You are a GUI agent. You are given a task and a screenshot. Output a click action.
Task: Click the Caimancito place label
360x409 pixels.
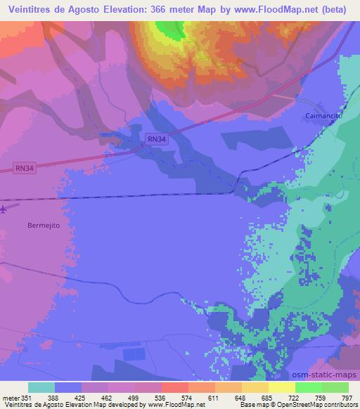(x=323, y=115)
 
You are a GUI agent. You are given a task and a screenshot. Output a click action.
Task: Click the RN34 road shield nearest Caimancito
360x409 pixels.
(x=157, y=140)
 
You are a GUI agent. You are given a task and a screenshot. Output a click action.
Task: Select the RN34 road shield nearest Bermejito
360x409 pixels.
(x=24, y=168)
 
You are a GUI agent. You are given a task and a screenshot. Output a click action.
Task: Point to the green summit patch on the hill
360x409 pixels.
(x=169, y=29)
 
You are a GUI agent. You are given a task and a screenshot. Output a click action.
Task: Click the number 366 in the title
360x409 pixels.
(x=163, y=9)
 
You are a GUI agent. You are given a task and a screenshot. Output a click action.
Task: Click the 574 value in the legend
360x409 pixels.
(x=187, y=398)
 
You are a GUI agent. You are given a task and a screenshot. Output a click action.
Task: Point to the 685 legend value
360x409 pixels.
(x=265, y=398)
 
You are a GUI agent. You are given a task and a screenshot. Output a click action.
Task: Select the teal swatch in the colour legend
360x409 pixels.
(x=41, y=387)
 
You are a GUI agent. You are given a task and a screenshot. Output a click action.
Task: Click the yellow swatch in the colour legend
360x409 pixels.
(x=281, y=387)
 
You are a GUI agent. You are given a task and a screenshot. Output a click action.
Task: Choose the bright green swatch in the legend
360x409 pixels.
(x=307, y=387)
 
